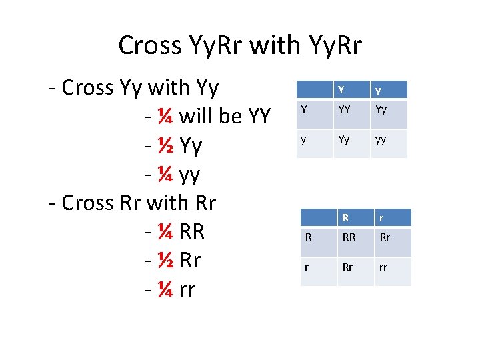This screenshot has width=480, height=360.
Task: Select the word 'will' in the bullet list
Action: (x=198, y=117)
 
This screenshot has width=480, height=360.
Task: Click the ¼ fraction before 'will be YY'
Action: (x=167, y=117)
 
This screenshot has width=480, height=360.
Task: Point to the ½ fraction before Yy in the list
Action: (x=167, y=146)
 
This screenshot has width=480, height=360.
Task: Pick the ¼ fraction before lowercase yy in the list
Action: (x=167, y=175)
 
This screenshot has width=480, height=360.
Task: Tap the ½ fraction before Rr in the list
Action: (x=167, y=260)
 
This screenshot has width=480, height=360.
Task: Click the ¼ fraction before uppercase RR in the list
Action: (x=167, y=231)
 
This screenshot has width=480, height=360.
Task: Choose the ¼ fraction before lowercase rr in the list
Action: (x=167, y=289)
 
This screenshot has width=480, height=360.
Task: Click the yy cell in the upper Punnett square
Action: (x=381, y=140)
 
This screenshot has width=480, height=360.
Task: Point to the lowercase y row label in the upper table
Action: (x=304, y=140)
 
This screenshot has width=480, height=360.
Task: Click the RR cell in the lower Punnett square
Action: (x=349, y=237)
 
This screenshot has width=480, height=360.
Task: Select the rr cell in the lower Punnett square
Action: (x=384, y=268)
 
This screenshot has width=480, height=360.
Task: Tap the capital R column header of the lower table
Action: (x=345, y=217)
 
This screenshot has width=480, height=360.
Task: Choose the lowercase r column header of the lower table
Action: (x=382, y=217)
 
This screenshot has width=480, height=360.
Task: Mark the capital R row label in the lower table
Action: (x=309, y=237)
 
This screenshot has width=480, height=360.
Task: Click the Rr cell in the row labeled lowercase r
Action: (x=347, y=268)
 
